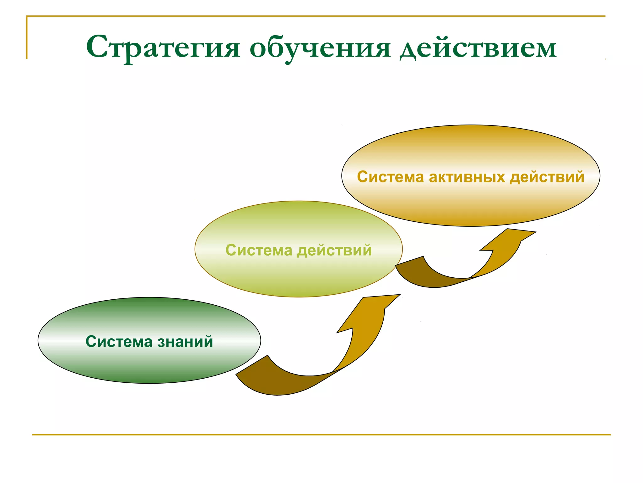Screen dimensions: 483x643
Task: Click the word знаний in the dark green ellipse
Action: (185, 341)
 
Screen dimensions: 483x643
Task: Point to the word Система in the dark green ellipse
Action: (119, 341)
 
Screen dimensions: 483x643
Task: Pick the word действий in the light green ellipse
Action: (334, 250)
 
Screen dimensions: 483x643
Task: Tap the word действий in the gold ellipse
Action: (547, 177)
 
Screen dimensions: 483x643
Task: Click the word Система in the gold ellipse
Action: (390, 177)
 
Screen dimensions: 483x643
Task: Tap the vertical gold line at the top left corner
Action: (27, 38)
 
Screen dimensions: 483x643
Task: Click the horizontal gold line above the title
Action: (314, 16)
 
